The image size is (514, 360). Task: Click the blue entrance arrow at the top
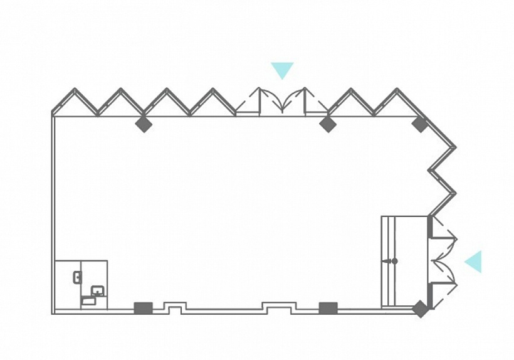point(282,70)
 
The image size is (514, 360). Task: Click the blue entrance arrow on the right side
point(475,262)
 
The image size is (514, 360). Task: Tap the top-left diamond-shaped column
point(144,124)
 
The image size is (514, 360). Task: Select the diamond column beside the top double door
point(325,124)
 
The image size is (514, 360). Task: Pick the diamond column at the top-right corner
point(420,124)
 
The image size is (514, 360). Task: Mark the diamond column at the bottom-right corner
point(420,309)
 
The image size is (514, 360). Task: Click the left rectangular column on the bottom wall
point(144,308)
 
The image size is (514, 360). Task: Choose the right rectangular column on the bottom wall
point(328,308)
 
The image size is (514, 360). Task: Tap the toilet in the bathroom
point(76,276)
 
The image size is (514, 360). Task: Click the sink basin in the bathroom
point(98,290)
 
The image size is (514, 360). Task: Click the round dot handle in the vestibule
point(394,261)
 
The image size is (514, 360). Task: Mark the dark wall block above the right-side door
point(430,226)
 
